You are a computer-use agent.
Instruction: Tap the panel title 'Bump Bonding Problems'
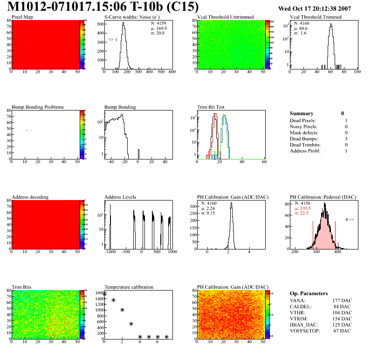pyautogui.click(x=37, y=107)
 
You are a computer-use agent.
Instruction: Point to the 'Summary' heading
pyautogui.click(x=302, y=113)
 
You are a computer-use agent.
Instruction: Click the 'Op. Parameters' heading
pyautogui.click(x=309, y=293)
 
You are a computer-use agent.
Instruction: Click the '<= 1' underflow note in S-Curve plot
pyautogui.click(x=113, y=40)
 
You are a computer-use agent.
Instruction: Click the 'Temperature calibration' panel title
pyautogui.click(x=129, y=287)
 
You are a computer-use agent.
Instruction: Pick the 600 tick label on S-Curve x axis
pyautogui.click(x=172, y=72)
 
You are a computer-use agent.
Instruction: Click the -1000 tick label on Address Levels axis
pyautogui.click(x=110, y=252)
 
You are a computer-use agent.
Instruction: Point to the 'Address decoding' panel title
pyautogui.click(x=30, y=197)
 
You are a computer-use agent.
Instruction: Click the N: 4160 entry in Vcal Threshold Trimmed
pyautogui.click(x=302, y=23)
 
